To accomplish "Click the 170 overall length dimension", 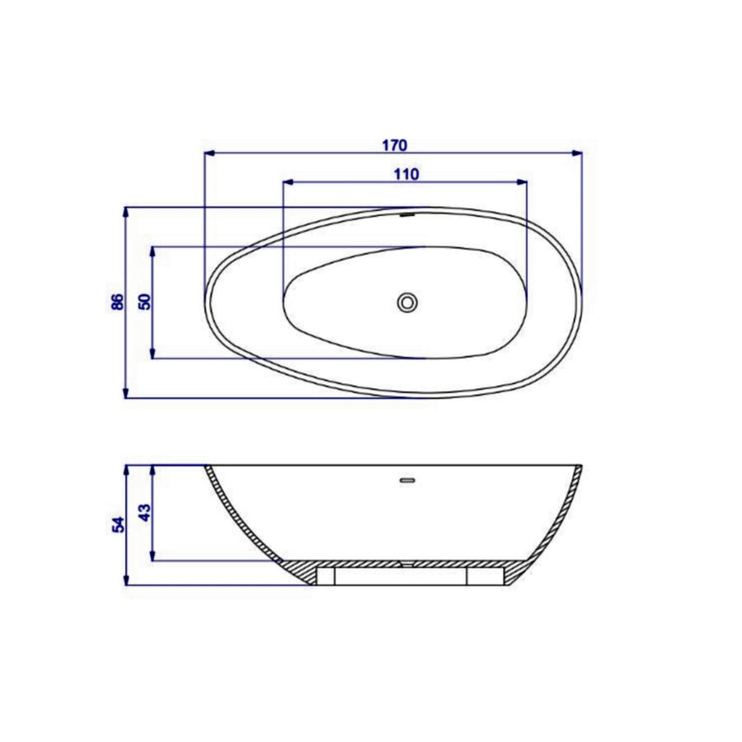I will (x=394, y=145).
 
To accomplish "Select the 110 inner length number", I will (x=406, y=173).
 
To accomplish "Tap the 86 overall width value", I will (x=117, y=302).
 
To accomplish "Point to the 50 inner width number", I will (x=145, y=302).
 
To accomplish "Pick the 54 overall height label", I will (x=117, y=524).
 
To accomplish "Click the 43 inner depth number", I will (x=145, y=513).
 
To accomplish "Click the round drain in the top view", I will (x=407, y=302).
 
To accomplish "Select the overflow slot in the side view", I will (x=406, y=478).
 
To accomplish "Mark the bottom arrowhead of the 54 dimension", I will (x=126, y=580).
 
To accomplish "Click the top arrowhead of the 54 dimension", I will (x=126, y=470).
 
